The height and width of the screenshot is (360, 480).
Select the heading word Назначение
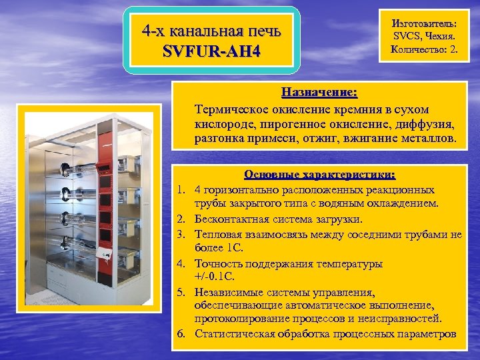(x=319, y=91)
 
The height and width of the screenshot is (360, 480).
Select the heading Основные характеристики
(x=319, y=175)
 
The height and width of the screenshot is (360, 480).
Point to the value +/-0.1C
(x=218, y=276)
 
